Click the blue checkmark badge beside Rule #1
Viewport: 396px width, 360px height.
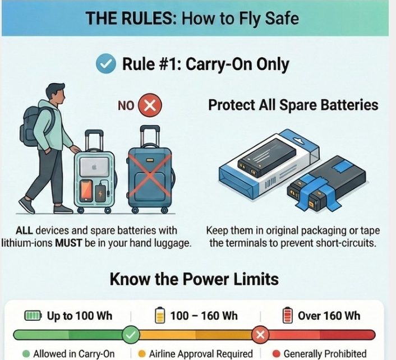[x=106, y=63]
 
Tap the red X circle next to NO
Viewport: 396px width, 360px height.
[x=150, y=105]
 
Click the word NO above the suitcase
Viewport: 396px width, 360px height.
[x=126, y=105]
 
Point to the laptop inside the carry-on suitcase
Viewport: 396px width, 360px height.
[x=95, y=167]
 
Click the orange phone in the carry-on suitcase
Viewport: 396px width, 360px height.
[x=86, y=191]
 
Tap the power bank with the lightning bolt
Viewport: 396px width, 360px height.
[x=100, y=193]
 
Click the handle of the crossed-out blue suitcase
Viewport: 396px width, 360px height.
[x=150, y=135]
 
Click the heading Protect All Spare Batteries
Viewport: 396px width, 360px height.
[x=293, y=105]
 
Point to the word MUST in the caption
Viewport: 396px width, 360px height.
[x=68, y=243]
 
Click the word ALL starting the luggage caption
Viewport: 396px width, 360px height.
[x=24, y=230]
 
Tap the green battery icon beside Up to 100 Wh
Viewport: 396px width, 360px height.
[x=33, y=316]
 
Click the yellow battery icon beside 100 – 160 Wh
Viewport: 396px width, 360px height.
[x=160, y=315]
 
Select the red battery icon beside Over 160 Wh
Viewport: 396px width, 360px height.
[x=287, y=315]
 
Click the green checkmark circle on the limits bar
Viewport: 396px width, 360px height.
[x=131, y=335]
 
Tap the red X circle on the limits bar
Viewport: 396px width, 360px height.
[x=260, y=335]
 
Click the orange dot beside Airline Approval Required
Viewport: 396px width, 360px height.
[x=142, y=354]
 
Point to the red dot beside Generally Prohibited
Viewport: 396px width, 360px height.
[x=277, y=354]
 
